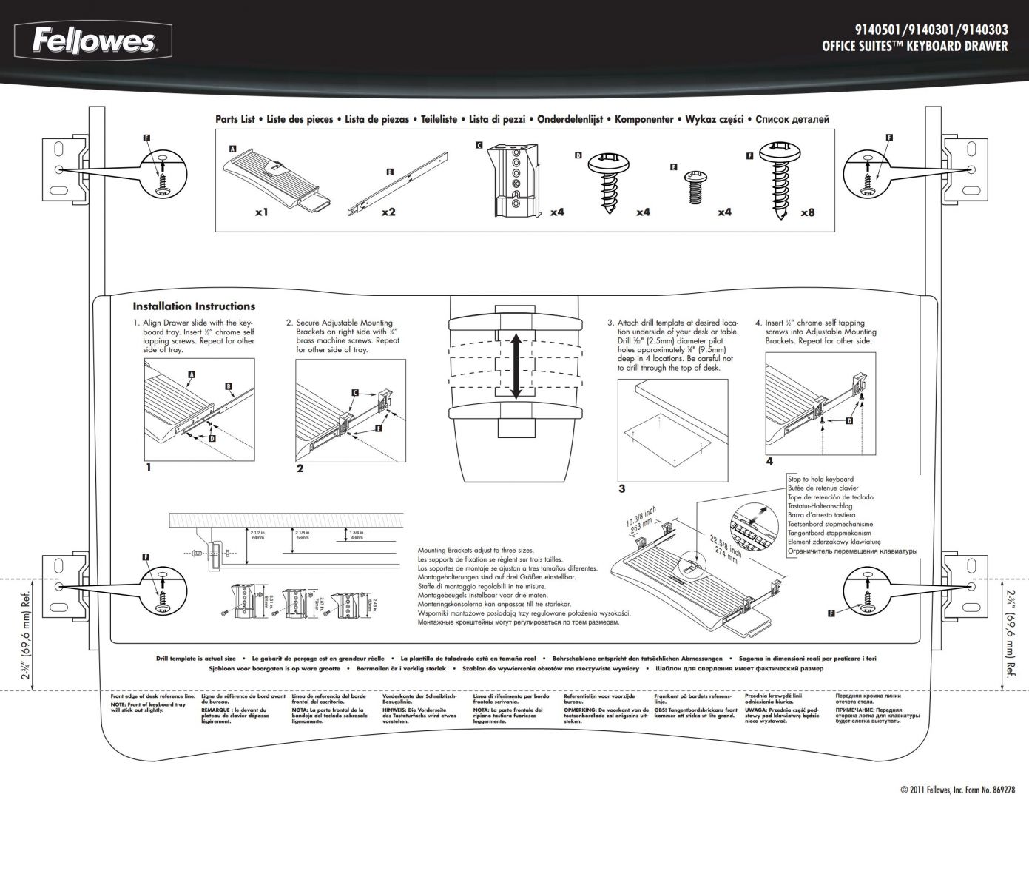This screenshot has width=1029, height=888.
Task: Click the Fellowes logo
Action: click(x=93, y=41)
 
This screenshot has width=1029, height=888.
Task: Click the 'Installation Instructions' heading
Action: click(x=194, y=306)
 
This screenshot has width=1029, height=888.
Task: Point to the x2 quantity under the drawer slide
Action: click(x=388, y=212)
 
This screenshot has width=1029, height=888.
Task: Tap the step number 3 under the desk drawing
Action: click(x=622, y=488)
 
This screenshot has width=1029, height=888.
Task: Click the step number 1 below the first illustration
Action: click(x=149, y=467)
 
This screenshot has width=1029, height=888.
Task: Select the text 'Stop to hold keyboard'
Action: click(x=820, y=480)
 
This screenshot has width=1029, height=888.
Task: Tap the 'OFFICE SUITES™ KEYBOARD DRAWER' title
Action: click(x=914, y=47)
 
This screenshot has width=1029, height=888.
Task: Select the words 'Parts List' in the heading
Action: click(x=235, y=119)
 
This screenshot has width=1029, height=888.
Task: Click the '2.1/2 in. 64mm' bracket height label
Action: click(x=258, y=534)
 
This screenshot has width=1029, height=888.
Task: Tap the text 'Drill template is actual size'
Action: click(x=196, y=658)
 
